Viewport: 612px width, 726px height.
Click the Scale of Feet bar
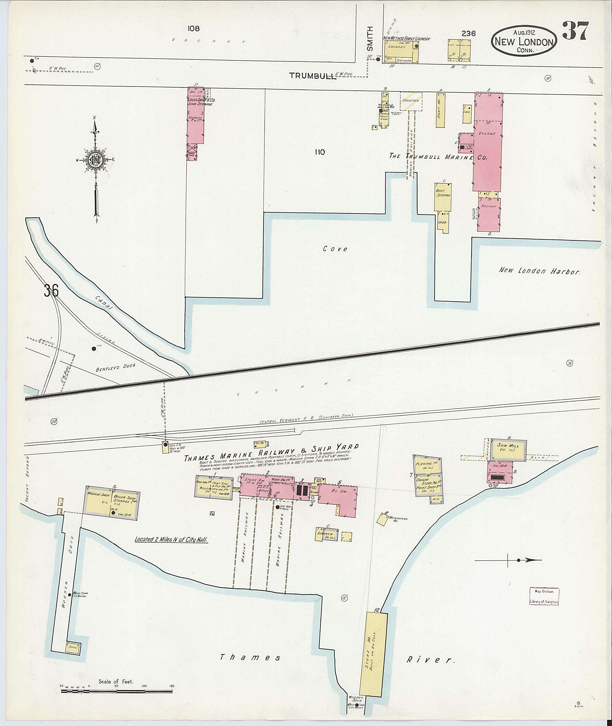point(117,691)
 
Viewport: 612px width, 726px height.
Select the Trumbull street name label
point(313,76)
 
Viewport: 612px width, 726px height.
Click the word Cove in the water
point(335,249)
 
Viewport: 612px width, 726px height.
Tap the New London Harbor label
point(539,271)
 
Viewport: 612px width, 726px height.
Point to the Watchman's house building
point(383,519)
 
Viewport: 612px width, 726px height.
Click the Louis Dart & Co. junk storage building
point(195,118)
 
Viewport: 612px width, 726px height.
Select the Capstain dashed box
point(411,101)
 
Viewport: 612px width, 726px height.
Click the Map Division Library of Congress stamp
point(544,597)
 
